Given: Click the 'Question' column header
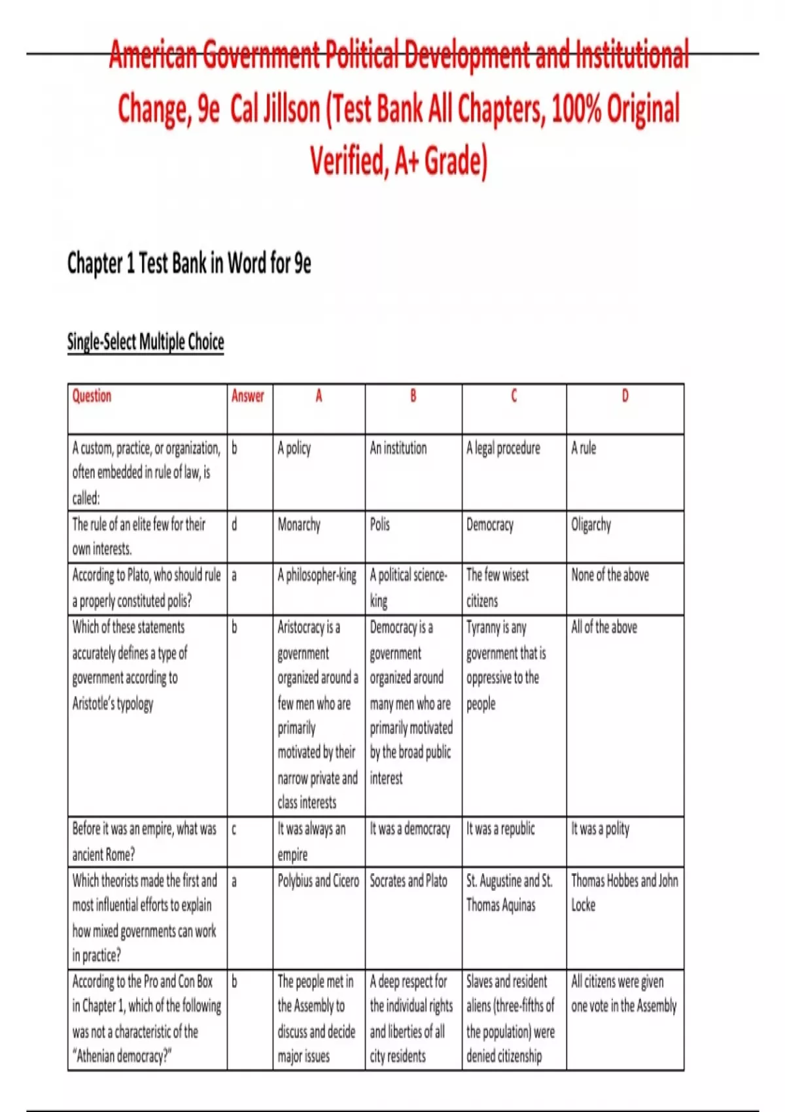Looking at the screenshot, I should [92, 396].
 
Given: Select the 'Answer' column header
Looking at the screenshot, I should [248, 396].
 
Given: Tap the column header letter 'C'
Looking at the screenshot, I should [514, 396].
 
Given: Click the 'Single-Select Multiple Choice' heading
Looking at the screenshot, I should [145, 342].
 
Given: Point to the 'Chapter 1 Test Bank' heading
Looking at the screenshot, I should [189, 264].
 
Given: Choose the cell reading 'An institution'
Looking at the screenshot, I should [398, 448].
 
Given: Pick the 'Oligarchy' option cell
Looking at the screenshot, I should [591, 525].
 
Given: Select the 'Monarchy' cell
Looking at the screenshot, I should [299, 525].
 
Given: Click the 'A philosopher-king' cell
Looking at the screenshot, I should [317, 576].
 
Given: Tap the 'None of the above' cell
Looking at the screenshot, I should [610, 576].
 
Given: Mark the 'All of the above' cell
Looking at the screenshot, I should [604, 627].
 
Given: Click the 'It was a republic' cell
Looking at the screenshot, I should [500, 829].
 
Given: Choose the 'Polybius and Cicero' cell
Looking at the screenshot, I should [318, 880].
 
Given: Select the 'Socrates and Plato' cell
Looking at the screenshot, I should [409, 880].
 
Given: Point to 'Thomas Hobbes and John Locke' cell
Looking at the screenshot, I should [624, 892].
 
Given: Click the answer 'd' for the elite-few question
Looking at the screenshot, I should [235, 525].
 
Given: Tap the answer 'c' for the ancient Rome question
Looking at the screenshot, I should [234, 829].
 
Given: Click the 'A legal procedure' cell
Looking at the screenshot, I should [503, 448].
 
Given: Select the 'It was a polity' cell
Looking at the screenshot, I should [600, 829].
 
